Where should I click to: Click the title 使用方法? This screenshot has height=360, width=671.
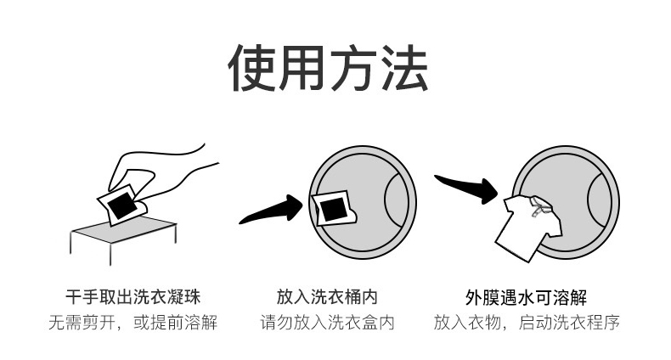tap(328, 68)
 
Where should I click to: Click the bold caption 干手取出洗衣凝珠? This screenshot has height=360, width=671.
tap(133, 296)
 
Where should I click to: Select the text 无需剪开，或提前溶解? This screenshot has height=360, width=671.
tap(133, 323)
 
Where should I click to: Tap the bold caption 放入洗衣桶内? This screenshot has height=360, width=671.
tap(327, 296)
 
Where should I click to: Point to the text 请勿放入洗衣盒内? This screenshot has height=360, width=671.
tap(327, 323)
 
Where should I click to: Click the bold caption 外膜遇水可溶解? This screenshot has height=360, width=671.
tap(526, 297)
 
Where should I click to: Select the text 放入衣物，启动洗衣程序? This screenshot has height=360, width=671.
tap(527, 323)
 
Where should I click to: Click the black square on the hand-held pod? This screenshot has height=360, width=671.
tap(122, 205)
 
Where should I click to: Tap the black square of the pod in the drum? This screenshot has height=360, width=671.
tap(332, 210)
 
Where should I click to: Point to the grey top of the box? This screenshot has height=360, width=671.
tap(125, 229)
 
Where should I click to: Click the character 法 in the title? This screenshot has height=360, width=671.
tap(403, 68)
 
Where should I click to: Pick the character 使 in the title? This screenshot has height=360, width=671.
tap(252, 68)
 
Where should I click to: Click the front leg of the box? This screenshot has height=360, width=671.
tap(110, 254)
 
